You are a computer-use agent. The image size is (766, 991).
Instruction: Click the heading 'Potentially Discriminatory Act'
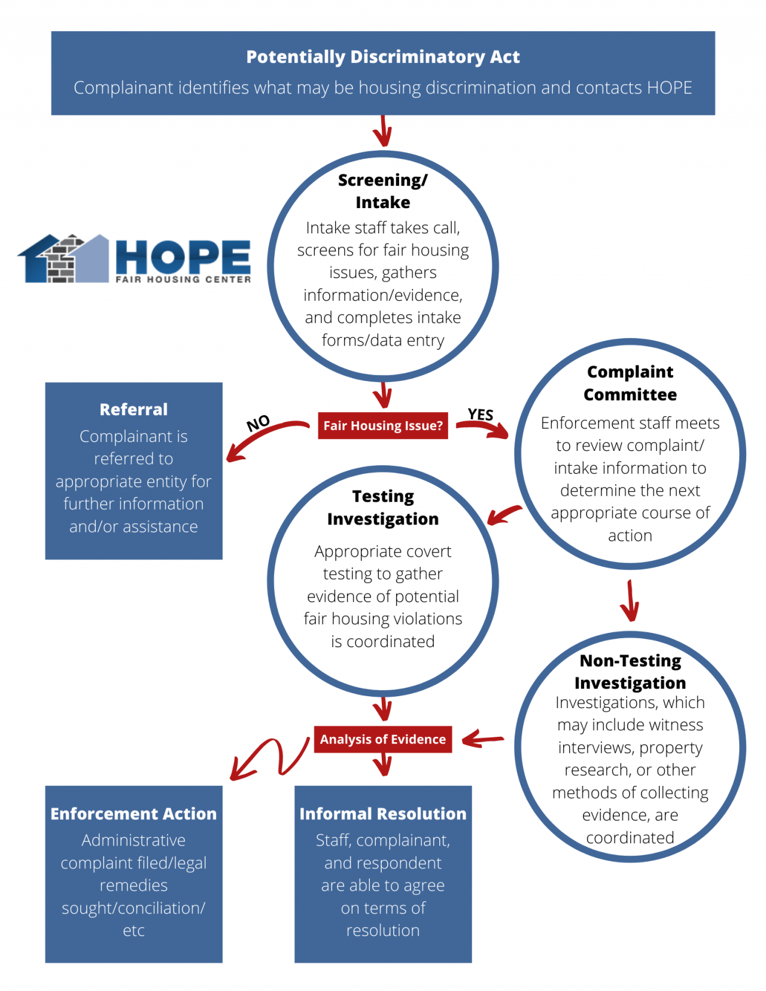(383, 57)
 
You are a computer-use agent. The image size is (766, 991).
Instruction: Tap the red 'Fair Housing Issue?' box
(383, 426)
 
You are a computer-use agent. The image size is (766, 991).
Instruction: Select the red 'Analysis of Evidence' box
(383, 739)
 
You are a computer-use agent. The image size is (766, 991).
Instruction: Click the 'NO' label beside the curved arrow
(259, 423)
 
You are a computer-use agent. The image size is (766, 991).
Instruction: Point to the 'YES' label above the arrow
(481, 414)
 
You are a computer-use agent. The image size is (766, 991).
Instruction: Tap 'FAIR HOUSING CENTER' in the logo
(183, 279)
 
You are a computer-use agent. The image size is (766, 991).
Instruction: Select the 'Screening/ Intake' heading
(383, 191)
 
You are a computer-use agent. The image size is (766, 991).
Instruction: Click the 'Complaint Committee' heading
(630, 383)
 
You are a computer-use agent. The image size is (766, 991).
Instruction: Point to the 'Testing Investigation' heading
(383, 507)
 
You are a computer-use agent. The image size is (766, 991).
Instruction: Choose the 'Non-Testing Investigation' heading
(630, 672)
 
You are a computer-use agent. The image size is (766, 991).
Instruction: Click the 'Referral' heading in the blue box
(133, 410)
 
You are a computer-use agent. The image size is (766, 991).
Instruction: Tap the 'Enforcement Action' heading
(133, 814)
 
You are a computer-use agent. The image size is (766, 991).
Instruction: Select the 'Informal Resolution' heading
(383, 814)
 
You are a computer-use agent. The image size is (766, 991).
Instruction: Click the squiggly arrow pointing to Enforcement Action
(269, 757)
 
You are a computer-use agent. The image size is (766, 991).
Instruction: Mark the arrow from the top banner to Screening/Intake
(383, 130)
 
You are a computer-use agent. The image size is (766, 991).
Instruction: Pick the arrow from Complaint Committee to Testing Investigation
(504, 514)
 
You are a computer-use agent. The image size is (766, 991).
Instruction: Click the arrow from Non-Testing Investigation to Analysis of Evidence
(482, 740)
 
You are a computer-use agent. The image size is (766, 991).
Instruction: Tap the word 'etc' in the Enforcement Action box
(133, 931)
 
